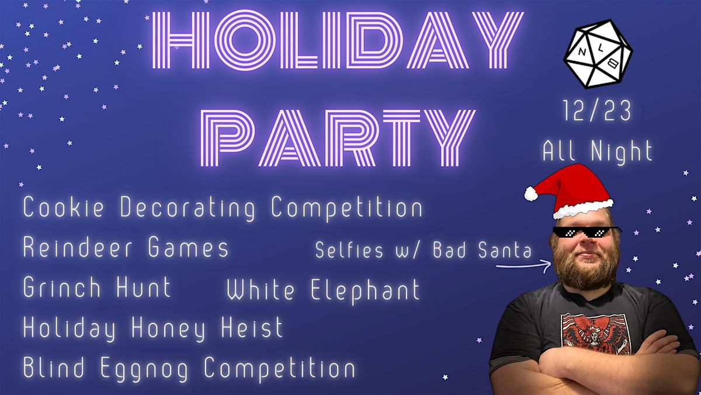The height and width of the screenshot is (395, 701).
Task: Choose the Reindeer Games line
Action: click(x=126, y=248)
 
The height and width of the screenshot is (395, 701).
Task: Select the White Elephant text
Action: click(x=323, y=290)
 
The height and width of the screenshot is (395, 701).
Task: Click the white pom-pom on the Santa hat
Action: click(x=532, y=193)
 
